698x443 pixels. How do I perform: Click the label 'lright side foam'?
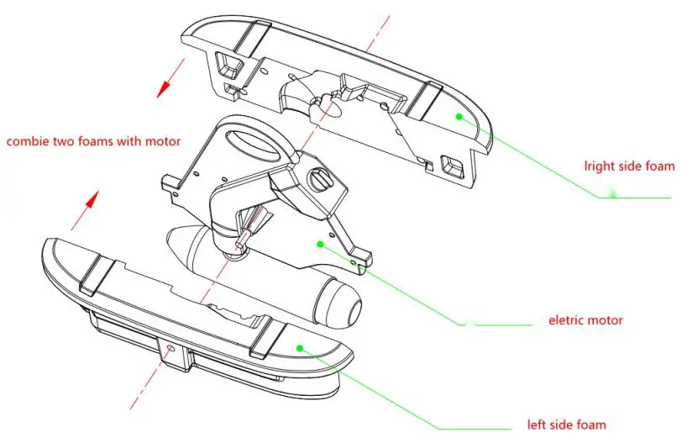[x=629, y=166]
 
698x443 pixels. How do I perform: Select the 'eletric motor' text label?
[x=585, y=320]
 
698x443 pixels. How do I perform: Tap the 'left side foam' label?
[x=566, y=424]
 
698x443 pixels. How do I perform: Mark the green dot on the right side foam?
[x=459, y=117]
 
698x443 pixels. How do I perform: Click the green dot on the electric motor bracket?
[x=320, y=244]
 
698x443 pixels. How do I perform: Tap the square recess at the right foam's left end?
[x=225, y=63]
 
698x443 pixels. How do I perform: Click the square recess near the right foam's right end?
[x=453, y=167]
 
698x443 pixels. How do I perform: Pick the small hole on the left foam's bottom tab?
[x=171, y=347]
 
